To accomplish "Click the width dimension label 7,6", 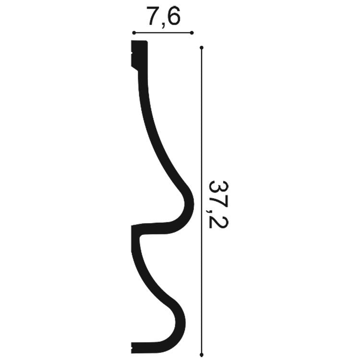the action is (x=163, y=16).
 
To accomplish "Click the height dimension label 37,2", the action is (x=216, y=204).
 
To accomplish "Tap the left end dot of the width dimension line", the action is (x=134, y=33).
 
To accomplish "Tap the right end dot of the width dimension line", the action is (x=192, y=33).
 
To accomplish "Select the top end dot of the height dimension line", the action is (x=202, y=48).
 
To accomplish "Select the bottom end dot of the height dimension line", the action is (x=202, y=355).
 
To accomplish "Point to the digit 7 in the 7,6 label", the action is (x=153, y=15).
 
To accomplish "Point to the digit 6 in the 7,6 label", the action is (x=172, y=15).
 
